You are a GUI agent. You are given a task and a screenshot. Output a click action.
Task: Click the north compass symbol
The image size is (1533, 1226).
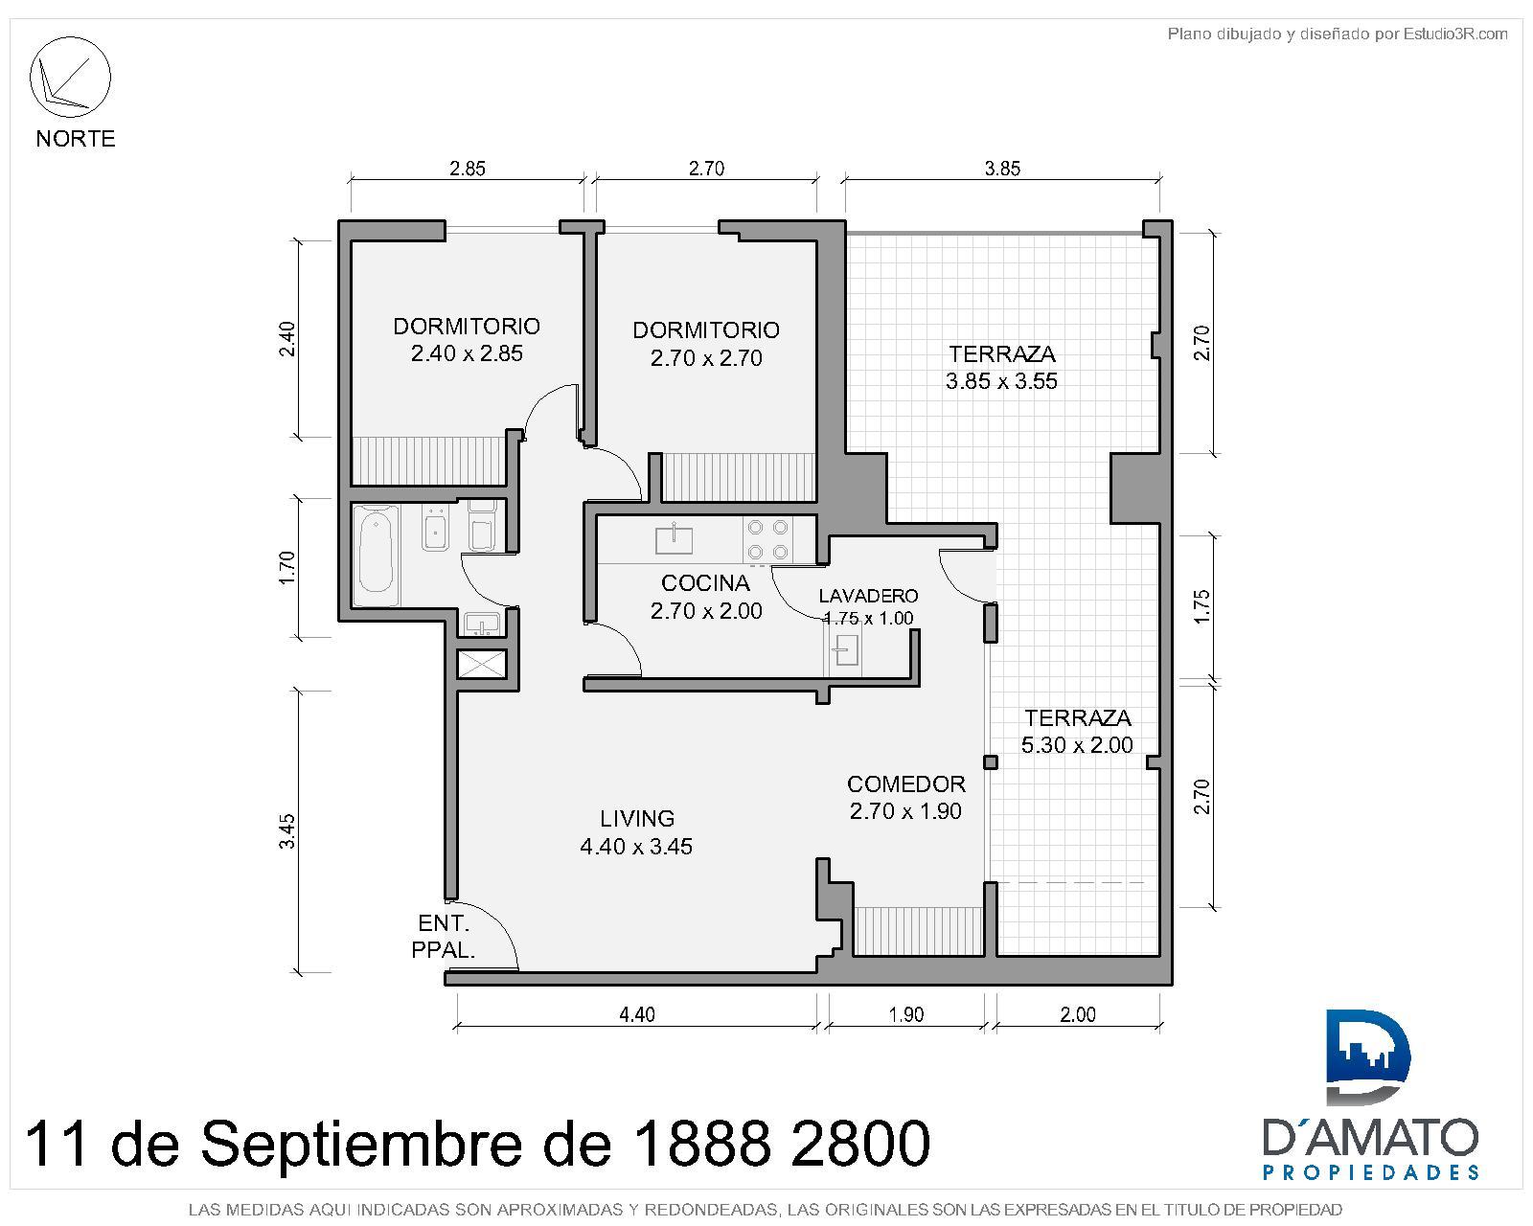[x=71, y=78]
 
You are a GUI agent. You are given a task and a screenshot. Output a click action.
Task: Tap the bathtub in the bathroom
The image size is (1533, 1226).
[x=377, y=555]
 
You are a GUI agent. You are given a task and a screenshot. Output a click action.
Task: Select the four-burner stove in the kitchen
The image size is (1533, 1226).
[x=767, y=539]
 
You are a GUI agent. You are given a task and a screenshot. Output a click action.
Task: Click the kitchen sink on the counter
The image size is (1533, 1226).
[x=674, y=538]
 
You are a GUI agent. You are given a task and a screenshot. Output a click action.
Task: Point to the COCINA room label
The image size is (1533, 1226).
[x=705, y=582]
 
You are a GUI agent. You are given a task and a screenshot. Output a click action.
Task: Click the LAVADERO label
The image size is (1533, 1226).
[x=868, y=596]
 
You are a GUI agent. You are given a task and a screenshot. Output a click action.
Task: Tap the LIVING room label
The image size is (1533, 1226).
[x=637, y=819]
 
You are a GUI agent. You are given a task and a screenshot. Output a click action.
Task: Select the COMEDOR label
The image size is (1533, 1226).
[x=905, y=783]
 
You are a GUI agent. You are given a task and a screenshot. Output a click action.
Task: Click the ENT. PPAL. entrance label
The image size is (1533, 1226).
[x=443, y=936]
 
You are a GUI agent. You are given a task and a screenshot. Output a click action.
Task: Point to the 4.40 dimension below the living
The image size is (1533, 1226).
[x=637, y=1014]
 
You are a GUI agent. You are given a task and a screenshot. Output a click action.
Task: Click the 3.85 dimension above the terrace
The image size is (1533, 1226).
[x=1002, y=169]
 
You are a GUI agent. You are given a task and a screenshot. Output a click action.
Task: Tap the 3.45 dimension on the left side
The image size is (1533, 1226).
[x=287, y=831]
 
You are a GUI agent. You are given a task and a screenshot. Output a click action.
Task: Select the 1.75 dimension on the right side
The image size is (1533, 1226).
[x=1201, y=606]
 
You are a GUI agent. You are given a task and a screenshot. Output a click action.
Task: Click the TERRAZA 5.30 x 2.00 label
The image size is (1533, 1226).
[x=1077, y=731]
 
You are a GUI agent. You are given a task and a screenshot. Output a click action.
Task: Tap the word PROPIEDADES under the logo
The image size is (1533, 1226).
[x=1371, y=1192]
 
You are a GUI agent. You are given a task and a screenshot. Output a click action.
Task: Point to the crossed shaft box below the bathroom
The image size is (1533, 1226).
[x=482, y=663]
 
